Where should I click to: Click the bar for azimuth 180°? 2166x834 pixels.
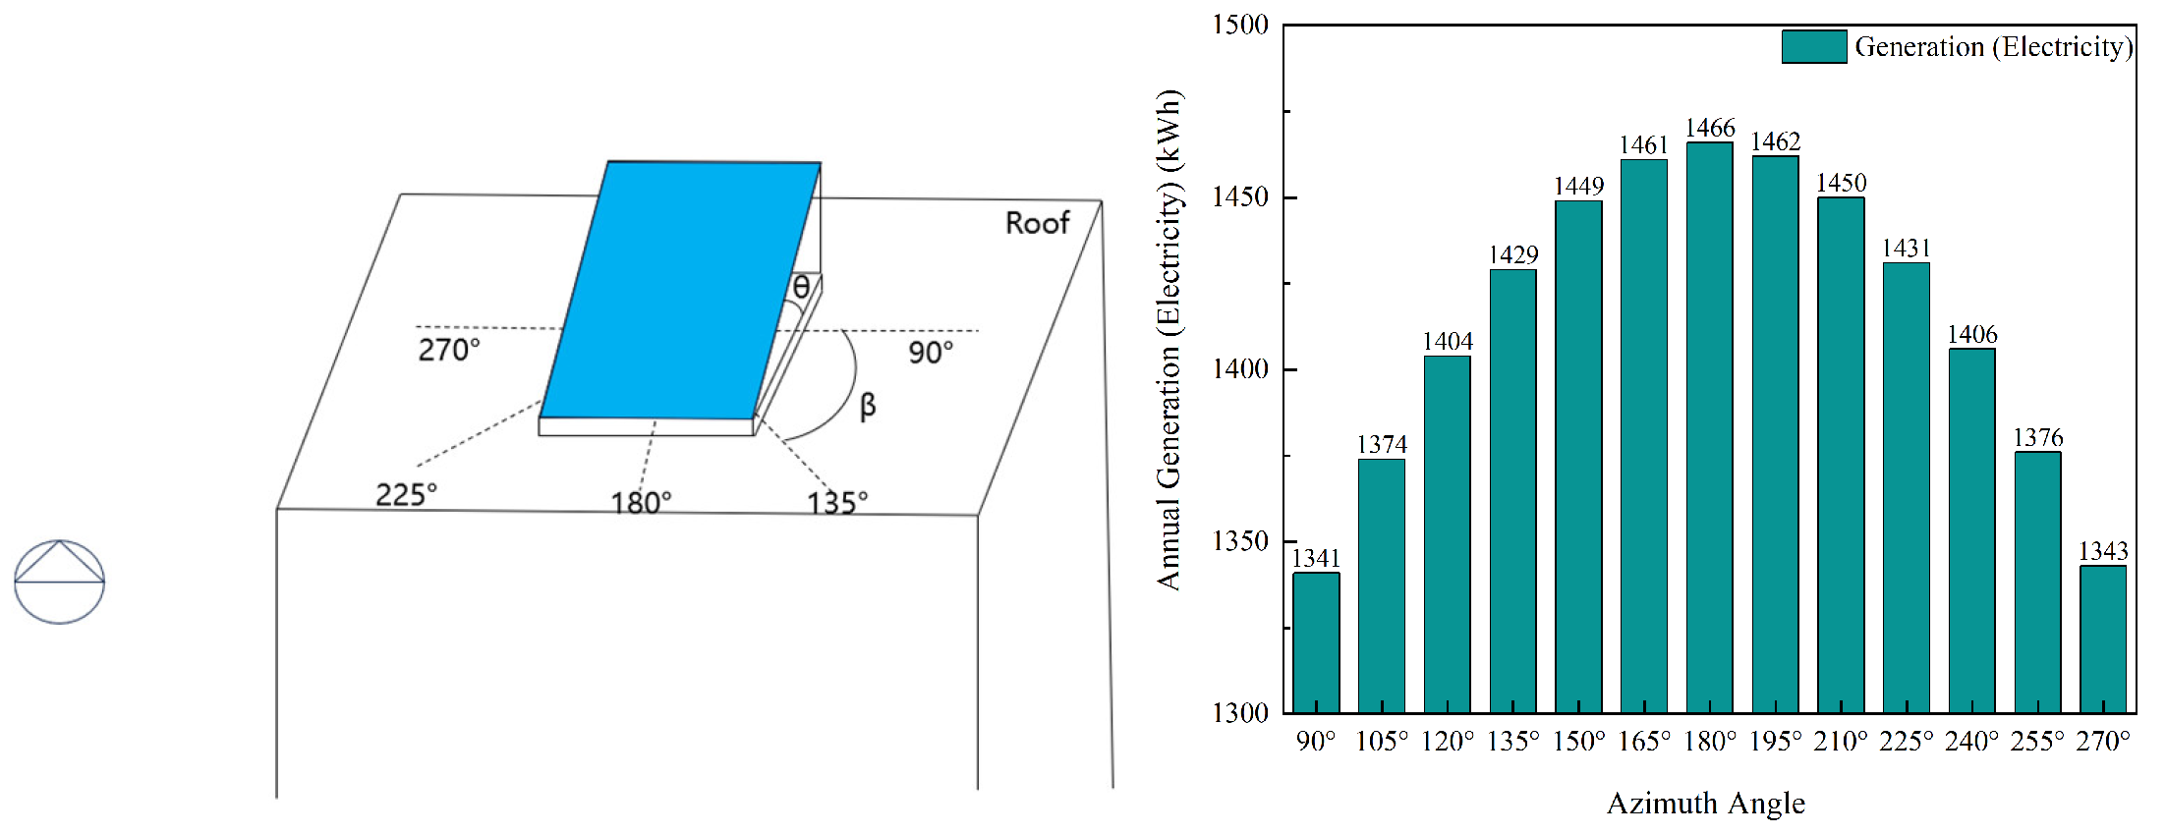[1709, 427]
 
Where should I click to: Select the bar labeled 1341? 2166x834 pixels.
[1316, 642]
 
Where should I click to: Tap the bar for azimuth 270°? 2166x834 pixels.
[2103, 639]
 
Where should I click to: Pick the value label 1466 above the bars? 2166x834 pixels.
[1710, 128]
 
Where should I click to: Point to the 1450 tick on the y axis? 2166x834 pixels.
[1240, 196]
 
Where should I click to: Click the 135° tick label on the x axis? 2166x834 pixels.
[1513, 741]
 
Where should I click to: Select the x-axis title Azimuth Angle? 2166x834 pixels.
[1706, 804]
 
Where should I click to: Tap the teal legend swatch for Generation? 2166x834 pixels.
[1814, 46]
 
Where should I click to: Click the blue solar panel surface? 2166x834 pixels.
[680, 291]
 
